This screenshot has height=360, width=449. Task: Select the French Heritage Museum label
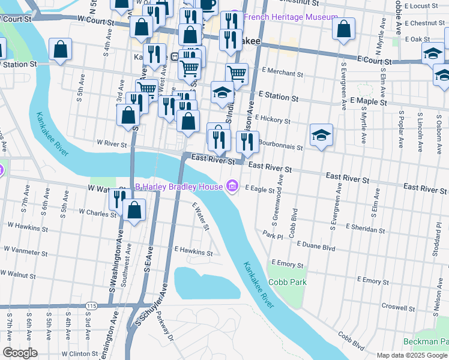[291, 17]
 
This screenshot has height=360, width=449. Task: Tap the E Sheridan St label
[365, 229]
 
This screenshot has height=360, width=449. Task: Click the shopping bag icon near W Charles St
[134, 210]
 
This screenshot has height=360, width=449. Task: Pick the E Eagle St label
[259, 188]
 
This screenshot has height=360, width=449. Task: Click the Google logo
[20, 352]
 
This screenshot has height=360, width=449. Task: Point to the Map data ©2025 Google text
[411, 355]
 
